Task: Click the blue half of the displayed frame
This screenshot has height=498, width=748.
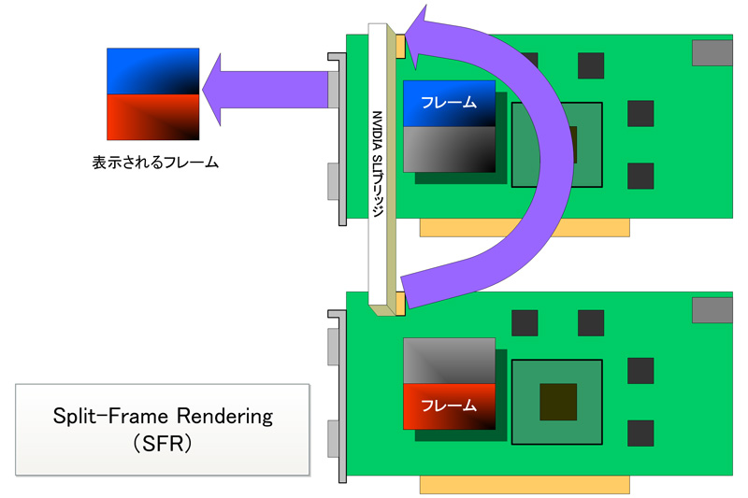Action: click(153, 71)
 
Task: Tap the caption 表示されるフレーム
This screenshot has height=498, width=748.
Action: click(154, 162)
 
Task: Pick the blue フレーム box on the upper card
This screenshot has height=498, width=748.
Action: click(449, 103)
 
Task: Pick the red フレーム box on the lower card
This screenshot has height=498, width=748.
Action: click(449, 406)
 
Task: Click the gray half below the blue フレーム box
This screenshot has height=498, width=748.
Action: click(449, 149)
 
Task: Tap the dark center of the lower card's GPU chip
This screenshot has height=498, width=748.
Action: click(558, 401)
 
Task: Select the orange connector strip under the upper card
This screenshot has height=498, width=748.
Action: click(525, 228)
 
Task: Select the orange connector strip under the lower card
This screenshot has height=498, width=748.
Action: click(525, 484)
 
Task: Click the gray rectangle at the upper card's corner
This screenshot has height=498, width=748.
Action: click(712, 53)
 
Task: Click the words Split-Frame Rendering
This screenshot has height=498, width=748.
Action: click(161, 417)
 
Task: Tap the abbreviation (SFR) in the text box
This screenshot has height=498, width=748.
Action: click(162, 444)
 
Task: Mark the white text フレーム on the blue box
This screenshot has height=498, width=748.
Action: click(449, 102)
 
